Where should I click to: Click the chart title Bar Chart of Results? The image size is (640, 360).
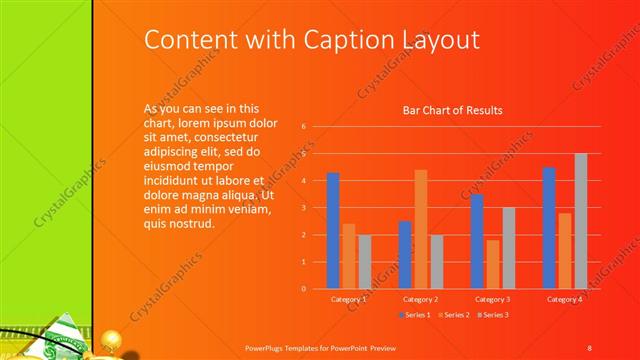tap(452, 110)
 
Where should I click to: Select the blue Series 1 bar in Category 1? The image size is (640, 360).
tap(333, 231)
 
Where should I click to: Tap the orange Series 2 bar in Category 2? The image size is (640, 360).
tap(421, 229)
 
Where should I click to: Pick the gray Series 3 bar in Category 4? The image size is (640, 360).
tap(580, 221)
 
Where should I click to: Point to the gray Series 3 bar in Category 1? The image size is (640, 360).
tap(364, 261)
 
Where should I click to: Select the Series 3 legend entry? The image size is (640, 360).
tap(493, 315)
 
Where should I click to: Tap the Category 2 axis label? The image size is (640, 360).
tap(420, 299)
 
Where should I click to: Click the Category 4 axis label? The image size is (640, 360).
tap(564, 299)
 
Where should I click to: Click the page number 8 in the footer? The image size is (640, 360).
tap(589, 347)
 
